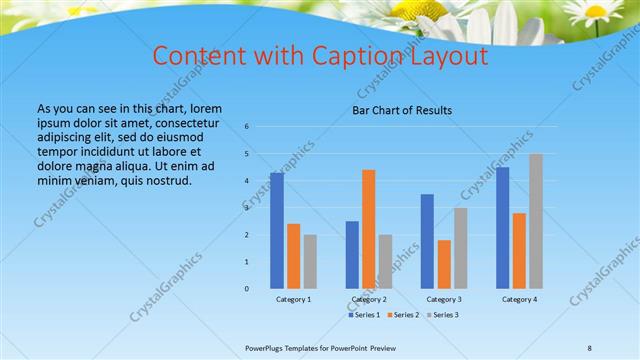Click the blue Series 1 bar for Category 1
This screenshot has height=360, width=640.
tap(276, 230)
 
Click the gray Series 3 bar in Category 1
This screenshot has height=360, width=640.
tap(310, 261)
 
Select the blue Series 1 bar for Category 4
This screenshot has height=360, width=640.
tap(502, 227)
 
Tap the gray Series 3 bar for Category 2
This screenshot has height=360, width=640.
tap(385, 261)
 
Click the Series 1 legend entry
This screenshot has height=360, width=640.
tap(365, 315)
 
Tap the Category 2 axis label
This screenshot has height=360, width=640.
tap(368, 300)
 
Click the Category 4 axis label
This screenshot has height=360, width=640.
tap(519, 300)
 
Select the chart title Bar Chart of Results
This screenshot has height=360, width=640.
tap(402, 110)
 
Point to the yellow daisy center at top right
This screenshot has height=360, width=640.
tap(597, 12)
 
